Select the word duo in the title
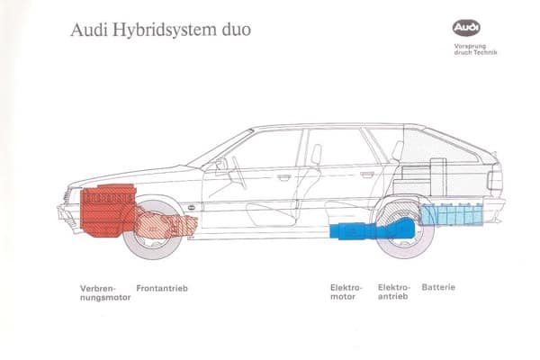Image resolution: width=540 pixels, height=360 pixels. click(235, 31)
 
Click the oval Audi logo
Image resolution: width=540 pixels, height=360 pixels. click(466, 29)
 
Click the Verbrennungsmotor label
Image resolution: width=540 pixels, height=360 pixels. click(104, 292)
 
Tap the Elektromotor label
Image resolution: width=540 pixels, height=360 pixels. click(346, 292)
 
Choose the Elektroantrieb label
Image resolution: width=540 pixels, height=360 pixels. click(395, 292)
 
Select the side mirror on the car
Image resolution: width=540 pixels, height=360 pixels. click(220, 165)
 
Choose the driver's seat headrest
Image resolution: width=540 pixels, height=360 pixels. click(316, 154)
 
